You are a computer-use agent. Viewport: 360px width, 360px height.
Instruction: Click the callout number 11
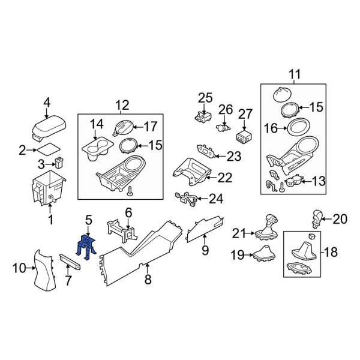click(x=295, y=74)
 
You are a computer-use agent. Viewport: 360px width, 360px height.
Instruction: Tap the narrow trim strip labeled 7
click(x=73, y=260)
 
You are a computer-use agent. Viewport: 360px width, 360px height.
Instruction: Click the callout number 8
click(x=148, y=279)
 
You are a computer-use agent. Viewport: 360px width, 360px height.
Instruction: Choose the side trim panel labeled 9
click(x=205, y=229)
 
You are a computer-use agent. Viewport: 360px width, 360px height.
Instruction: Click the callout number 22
click(x=224, y=178)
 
